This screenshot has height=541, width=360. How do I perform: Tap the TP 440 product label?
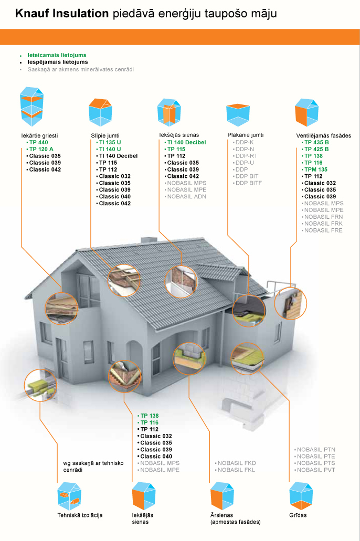coord(38,142)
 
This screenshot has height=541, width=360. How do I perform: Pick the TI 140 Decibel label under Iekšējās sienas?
coord(186,142)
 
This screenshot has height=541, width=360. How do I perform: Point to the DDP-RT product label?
coord(247,156)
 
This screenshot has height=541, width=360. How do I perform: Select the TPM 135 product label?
coord(315,169)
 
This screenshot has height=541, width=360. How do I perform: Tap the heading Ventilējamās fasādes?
coord(323,135)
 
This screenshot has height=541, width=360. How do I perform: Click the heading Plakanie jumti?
coord(245,135)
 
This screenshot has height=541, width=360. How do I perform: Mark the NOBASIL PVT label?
coord(316,470)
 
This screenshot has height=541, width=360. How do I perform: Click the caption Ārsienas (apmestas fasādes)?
coord(235,518)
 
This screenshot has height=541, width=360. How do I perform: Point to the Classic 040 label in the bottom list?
coord(156,457)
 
